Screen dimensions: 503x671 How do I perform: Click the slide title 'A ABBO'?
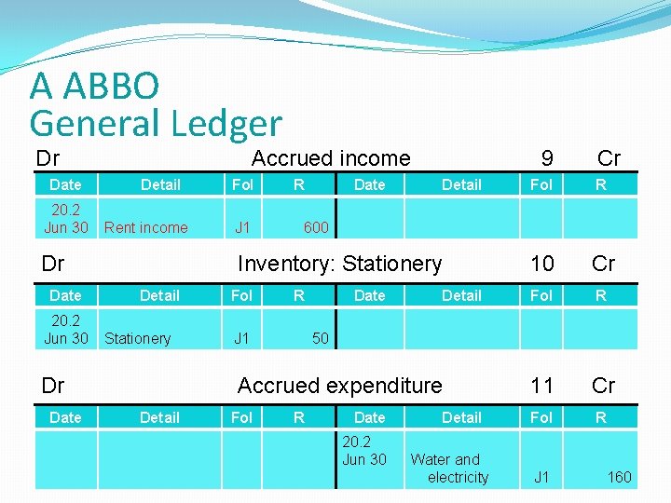[x=94, y=86]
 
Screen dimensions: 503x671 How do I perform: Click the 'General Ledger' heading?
[x=155, y=122]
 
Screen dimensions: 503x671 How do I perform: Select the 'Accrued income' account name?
[x=331, y=158]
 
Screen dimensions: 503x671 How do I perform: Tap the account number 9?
[x=547, y=158]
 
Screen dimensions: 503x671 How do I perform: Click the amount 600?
[x=316, y=227]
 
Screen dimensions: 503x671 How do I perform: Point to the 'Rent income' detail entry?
[x=146, y=227]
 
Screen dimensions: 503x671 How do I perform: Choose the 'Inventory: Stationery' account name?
[x=339, y=264]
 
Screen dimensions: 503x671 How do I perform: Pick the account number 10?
[x=541, y=264]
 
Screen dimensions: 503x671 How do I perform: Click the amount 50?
[x=320, y=338]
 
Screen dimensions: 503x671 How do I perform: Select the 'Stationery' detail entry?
[x=138, y=338]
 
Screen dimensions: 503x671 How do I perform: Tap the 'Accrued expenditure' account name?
[x=339, y=386]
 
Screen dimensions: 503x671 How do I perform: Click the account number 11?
[x=541, y=386]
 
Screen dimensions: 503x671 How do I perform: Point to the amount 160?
[x=619, y=477]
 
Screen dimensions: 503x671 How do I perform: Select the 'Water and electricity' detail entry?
[x=449, y=468]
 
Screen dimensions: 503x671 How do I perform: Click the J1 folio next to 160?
[x=541, y=477]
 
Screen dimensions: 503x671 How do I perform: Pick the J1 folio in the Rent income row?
[x=242, y=227]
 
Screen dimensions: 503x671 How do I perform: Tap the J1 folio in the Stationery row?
[x=241, y=338]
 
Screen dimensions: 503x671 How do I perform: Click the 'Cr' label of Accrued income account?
[x=609, y=158]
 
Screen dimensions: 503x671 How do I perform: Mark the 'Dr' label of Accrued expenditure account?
[x=53, y=386]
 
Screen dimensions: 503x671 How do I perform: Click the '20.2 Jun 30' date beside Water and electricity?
[x=364, y=451]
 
